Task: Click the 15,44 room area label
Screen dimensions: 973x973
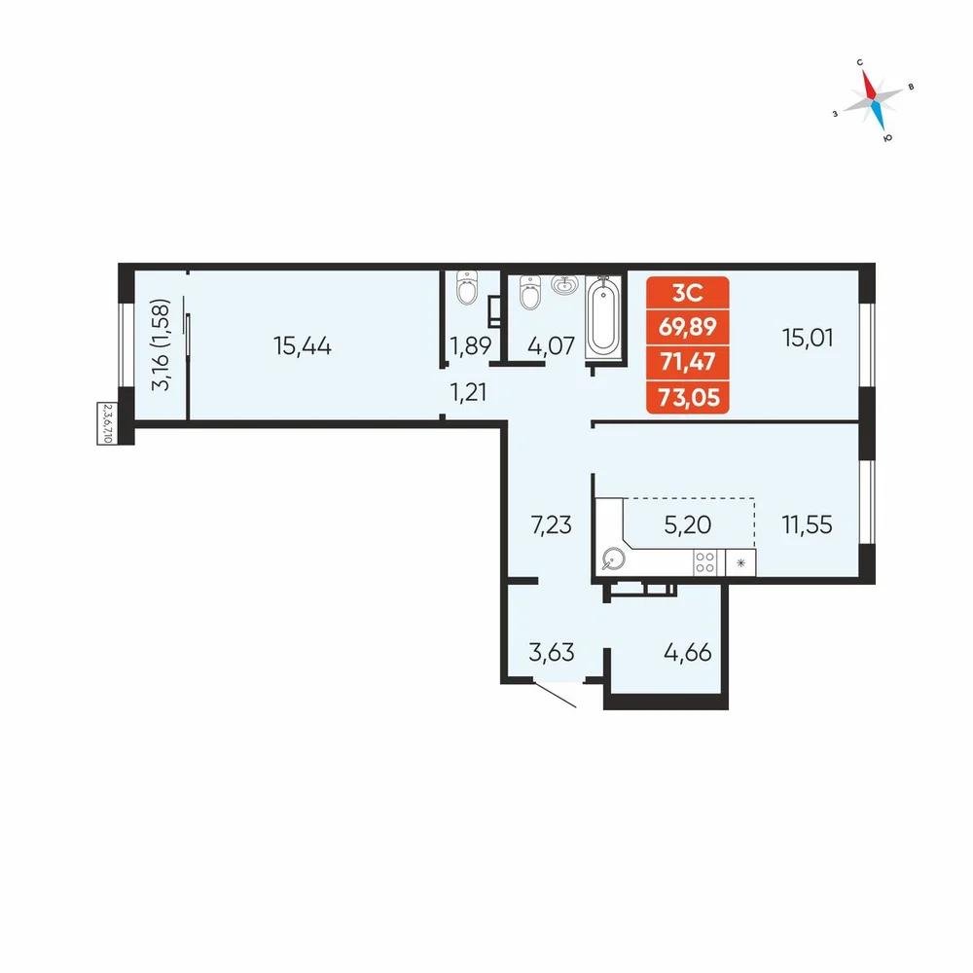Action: tap(303, 345)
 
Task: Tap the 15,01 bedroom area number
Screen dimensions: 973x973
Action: tap(808, 338)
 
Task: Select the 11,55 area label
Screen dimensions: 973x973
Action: tap(807, 524)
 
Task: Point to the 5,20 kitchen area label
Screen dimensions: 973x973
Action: tap(688, 524)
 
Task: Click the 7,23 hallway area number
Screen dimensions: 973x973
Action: tap(551, 525)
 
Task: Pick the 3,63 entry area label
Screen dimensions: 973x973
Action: tap(551, 652)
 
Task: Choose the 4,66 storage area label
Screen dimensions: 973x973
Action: tap(688, 652)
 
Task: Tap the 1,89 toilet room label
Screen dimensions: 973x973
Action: tap(470, 345)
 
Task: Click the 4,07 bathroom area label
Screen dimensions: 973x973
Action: tap(551, 345)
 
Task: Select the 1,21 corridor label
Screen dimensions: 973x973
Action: tap(468, 392)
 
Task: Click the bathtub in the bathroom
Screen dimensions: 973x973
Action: tap(603, 318)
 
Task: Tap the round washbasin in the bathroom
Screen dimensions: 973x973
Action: tap(564, 285)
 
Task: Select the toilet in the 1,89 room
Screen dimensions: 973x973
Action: tap(467, 288)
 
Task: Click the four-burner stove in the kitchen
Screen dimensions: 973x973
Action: tap(704, 562)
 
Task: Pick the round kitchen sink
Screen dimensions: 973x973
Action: tap(613, 559)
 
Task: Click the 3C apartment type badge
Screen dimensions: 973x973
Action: tap(688, 293)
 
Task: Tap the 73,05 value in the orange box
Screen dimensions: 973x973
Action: tap(688, 397)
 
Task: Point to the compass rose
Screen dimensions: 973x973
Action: tap(873, 99)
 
